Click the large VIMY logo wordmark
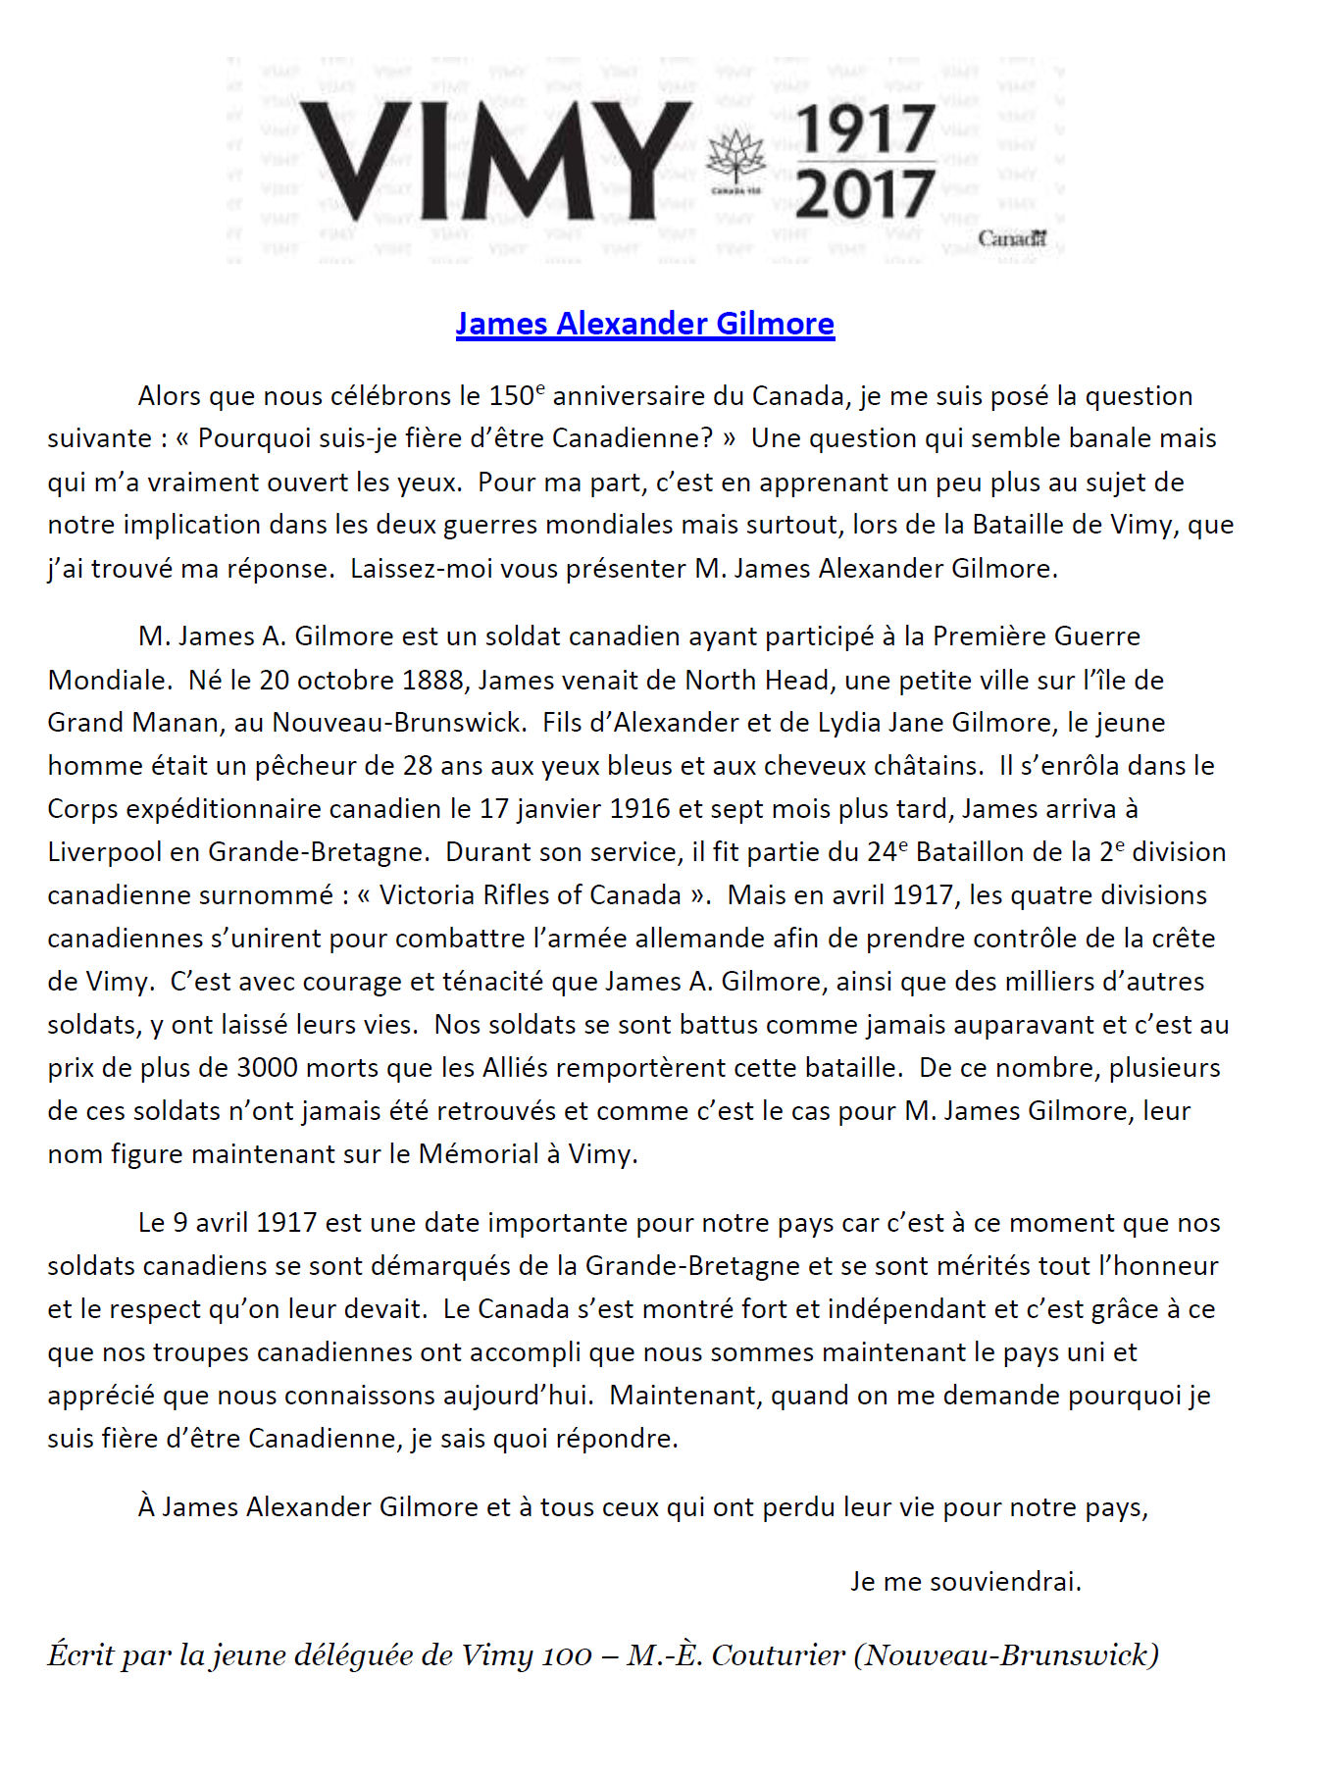495,160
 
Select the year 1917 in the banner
864,129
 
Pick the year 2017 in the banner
864,193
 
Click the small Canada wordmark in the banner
1012,238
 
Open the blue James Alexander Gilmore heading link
644,324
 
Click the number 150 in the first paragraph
510,397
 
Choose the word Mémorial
479,1154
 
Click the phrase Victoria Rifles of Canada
531,895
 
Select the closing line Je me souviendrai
966,1582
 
